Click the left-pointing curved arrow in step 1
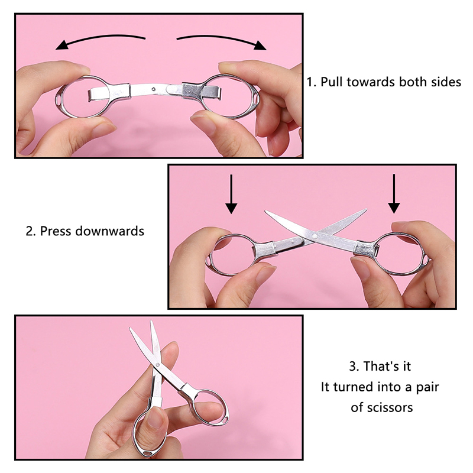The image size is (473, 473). click(x=99, y=38)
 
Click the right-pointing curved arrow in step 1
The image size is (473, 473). click(x=222, y=38)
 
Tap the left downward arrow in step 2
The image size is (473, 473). click(x=231, y=194)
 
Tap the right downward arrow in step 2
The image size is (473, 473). click(x=394, y=194)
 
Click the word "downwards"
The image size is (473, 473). click(x=110, y=231)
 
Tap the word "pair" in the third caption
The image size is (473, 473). click(x=427, y=387)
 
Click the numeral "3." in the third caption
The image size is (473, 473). click(x=354, y=367)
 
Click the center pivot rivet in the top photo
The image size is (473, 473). click(x=154, y=89)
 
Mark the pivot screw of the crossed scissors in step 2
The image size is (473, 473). click(x=315, y=236)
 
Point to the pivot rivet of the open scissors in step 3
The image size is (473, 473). click(x=157, y=365)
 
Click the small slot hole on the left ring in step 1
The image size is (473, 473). click(x=58, y=99)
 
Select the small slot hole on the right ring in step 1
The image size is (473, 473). click(x=256, y=98)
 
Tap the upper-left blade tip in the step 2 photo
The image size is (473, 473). click(x=265, y=211)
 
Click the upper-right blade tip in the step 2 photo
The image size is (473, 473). click(x=366, y=209)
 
